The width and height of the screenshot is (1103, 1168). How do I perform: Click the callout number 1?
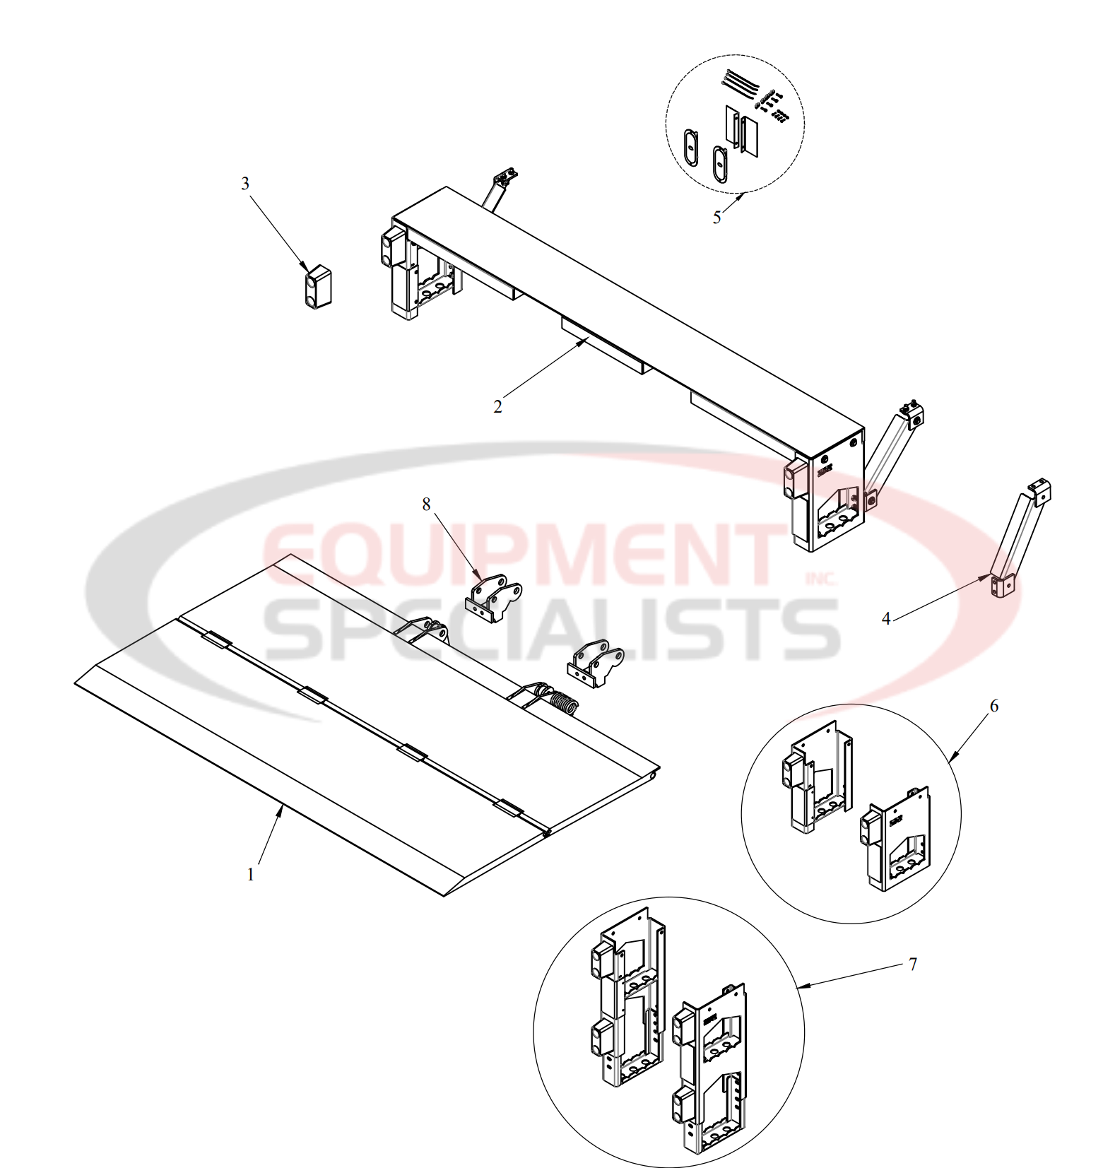click(250, 875)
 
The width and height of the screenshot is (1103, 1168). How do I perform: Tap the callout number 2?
click(497, 407)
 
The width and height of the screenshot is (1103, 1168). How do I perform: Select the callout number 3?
click(245, 184)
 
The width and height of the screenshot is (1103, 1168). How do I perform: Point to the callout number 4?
click(886, 619)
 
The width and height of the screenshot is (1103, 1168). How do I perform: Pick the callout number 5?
click(716, 218)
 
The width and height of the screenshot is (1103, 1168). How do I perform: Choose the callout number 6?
click(994, 706)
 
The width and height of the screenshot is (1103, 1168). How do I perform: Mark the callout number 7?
click(912, 964)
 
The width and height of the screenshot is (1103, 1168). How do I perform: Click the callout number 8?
click(426, 504)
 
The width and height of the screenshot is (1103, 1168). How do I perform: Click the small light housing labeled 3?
click(319, 287)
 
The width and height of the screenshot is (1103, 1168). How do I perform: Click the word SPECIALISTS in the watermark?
click(551, 628)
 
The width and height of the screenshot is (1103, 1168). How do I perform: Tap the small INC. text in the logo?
click(820, 579)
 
